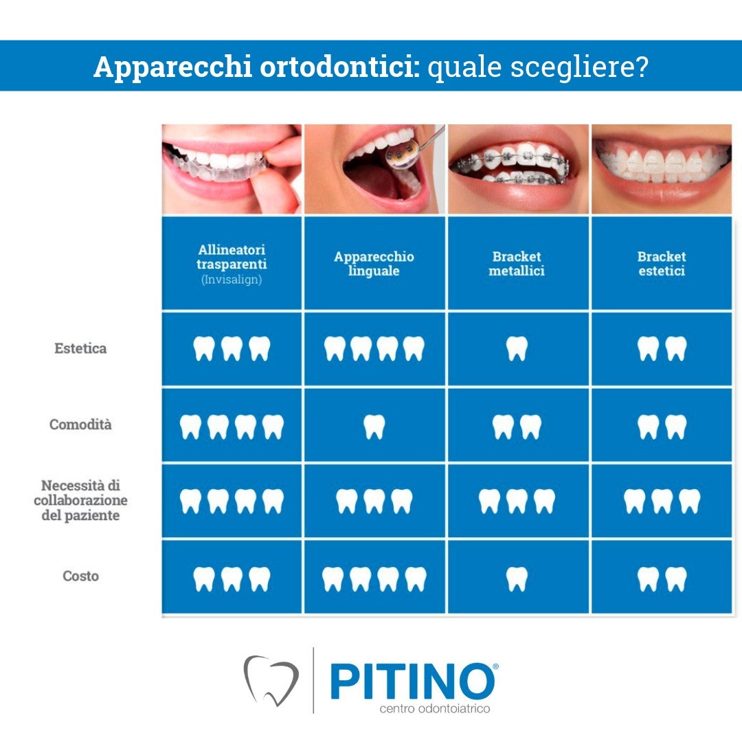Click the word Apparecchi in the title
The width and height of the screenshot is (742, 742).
pyautogui.click(x=172, y=67)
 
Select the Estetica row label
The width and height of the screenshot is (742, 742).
pyautogui.click(x=80, y=348)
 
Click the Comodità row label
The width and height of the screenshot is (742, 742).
pyautogui.click(x=80, y=424)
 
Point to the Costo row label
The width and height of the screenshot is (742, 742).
pyautogui.click(x=80, y=576)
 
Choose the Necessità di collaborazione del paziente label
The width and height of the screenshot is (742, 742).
pyautogui.click(x=80, y=500)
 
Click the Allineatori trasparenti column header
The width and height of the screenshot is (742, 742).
pyautogui.click(x=232, y=256)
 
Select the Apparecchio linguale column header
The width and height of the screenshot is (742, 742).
pyautogui.click(x=374, y=264)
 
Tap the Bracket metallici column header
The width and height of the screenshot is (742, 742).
pyautogui.click(x=517, y=264)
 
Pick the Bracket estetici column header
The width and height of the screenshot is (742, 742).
pyautogui.click(x=662, y=264)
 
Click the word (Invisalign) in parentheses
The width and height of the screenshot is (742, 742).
pyautogui.click(x=232, y=280)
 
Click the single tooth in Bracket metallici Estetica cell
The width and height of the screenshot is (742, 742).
pyautogui.click(x=517, y=348)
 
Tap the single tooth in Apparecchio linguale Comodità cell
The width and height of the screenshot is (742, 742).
pyautogui.click(x=374, y=427)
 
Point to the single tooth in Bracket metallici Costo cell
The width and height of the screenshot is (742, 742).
pyautogui.click(x=517, y=578)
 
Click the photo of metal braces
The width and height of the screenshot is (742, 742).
pyautogui.click(x=518, y=169)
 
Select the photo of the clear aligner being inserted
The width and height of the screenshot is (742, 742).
pyautogui.click(x=232, y=169)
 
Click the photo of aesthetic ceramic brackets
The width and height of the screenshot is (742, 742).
pyautogui.click(x=662, y=169)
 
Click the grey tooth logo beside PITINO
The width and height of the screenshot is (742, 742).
pyautogui.click(x=271, y=680)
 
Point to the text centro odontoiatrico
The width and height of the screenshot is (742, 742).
pyautogui.click(x=434, y=708)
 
